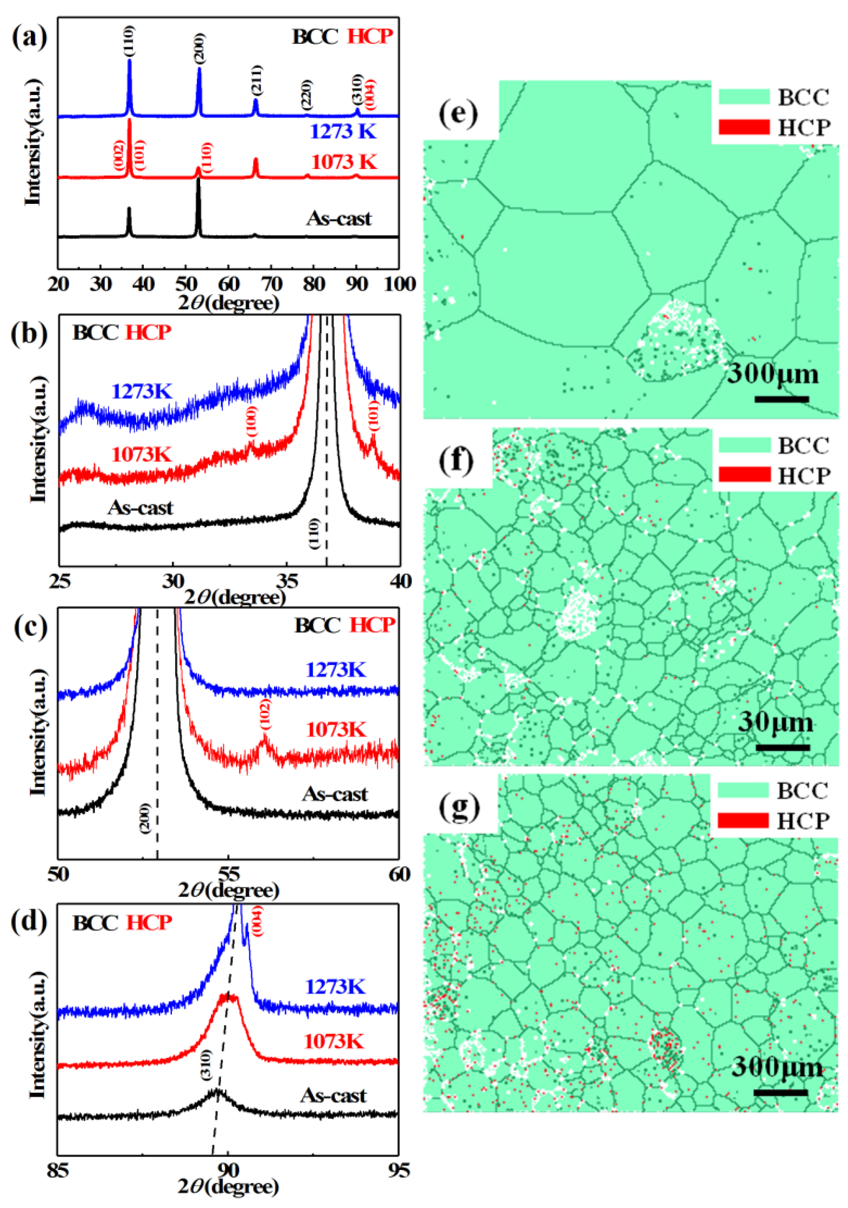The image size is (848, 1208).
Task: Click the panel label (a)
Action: click(x=30, y=38)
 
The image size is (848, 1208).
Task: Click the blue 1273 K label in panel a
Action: click(x=343, y=131)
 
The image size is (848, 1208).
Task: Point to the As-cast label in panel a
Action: click(x=339, y=218)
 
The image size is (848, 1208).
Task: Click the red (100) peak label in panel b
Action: click(x=253, y=421)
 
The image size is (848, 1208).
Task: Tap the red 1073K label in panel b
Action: click(x=141, y=454)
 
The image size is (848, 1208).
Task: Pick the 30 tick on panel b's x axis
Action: click(x=172, y=581)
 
